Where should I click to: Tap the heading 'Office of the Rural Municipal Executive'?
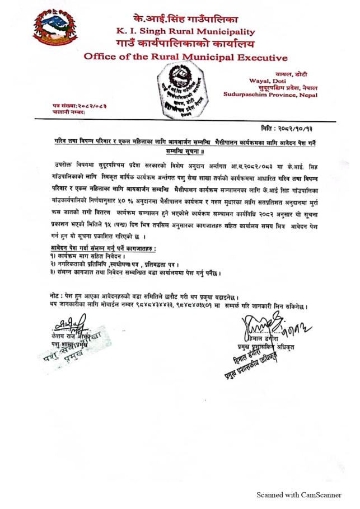pyautogui.click(x=185, y=57)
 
